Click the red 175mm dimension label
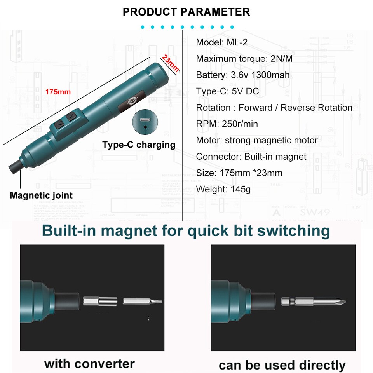pyautogui.click(x=58, y=92)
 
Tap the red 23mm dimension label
pyautogui.click(x=170, y=63)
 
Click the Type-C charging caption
pyautogui.click(x=139, y=145)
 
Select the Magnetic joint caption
pyautogui.click(x=41, y=195)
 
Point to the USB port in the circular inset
pyautogui.click(x=145, y=120)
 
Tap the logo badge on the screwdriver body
pyautogui.click(x=132, y=102)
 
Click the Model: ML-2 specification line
pyautogui.click(x=222, y=42)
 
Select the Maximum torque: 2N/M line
pyautogui.click(x=244, y=59)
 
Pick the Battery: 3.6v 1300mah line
pyautogui.click(x=243, y=75)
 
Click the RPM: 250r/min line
pyautogui.click(x=227, y=124)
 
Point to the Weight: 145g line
pyautogui.click(x=223, y=189)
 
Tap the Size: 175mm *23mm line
pyautogui.click(x=239, y=173)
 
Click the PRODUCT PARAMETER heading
pyautogui.click(x=186, y=12)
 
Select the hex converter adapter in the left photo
pyautogui.click(x=100, y=302)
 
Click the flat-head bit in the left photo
pyautogui.click(x=143, y=302)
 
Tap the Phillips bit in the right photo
pyautogui.click(x=313, y=302)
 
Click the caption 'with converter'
pyautogui.click(x=89, y=364)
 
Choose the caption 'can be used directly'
pyautogui.click(x=282, y=365)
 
